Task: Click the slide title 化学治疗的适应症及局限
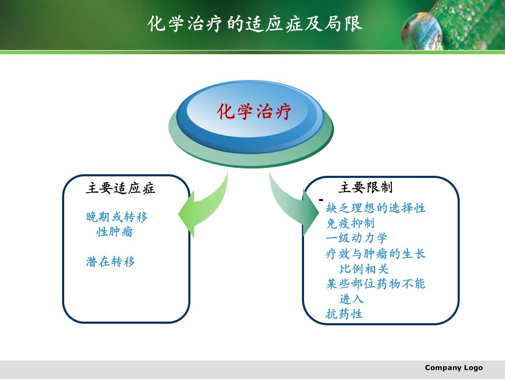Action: [255, 24]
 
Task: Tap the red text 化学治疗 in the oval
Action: [254, 112]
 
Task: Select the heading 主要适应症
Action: [120, 188]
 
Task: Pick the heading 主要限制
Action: [366, 187]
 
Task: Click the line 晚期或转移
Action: [117, 217]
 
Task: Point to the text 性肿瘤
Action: [114, 232]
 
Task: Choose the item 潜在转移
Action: [110, 262]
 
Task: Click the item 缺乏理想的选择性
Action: [376, 208]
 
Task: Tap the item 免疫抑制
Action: [350, 223]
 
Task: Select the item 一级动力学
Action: [356, 238]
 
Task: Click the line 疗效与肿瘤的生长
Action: [376, 254]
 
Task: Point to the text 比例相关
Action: [364, 269]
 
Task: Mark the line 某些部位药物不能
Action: [376, 284]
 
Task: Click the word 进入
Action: [351, 299]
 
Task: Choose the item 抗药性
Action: [344, 314]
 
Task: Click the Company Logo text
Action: [454, 368]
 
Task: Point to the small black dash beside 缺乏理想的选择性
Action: [321, 200]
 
